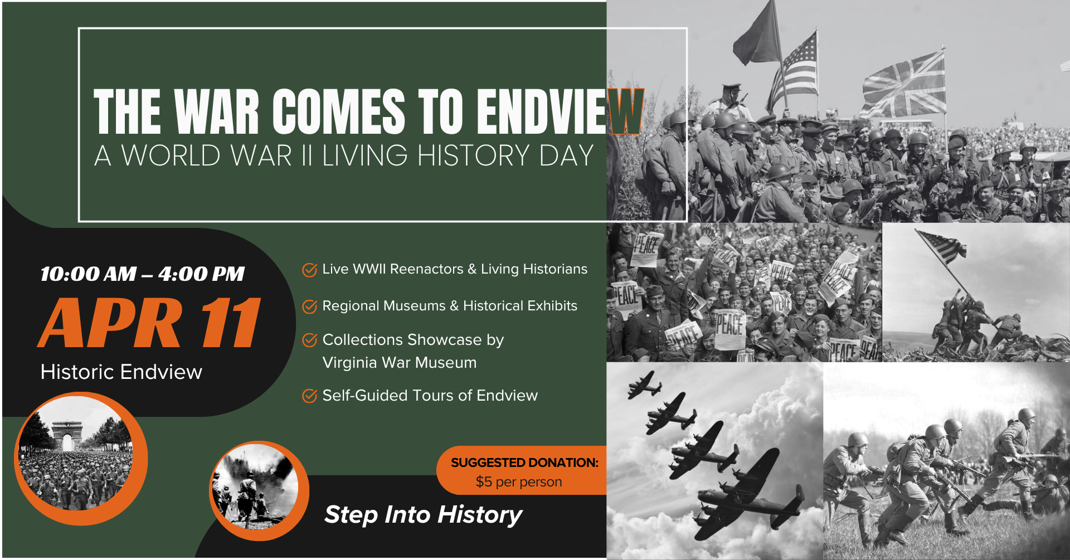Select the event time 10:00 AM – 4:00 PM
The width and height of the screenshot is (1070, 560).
click(x=142, y=274)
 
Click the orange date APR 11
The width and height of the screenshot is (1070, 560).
click(x=150, y=323)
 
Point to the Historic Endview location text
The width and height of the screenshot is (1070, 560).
click(x=121, y=372)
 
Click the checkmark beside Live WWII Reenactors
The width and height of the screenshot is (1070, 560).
click(x=309, y=270)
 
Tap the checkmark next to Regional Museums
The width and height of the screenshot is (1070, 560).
click(x=309, y=306)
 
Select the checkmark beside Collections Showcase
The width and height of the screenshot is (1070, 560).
click(x=309, y=340)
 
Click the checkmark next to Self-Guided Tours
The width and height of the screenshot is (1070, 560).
click(x=309, y=396)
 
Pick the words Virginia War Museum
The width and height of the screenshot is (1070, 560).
click(x=399, y=363)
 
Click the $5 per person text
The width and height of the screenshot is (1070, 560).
click(x=518, y=482)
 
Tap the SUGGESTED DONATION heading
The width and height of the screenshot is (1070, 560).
click(x=524, y=462)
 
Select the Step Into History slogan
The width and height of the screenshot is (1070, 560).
click(x=423, y=514)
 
